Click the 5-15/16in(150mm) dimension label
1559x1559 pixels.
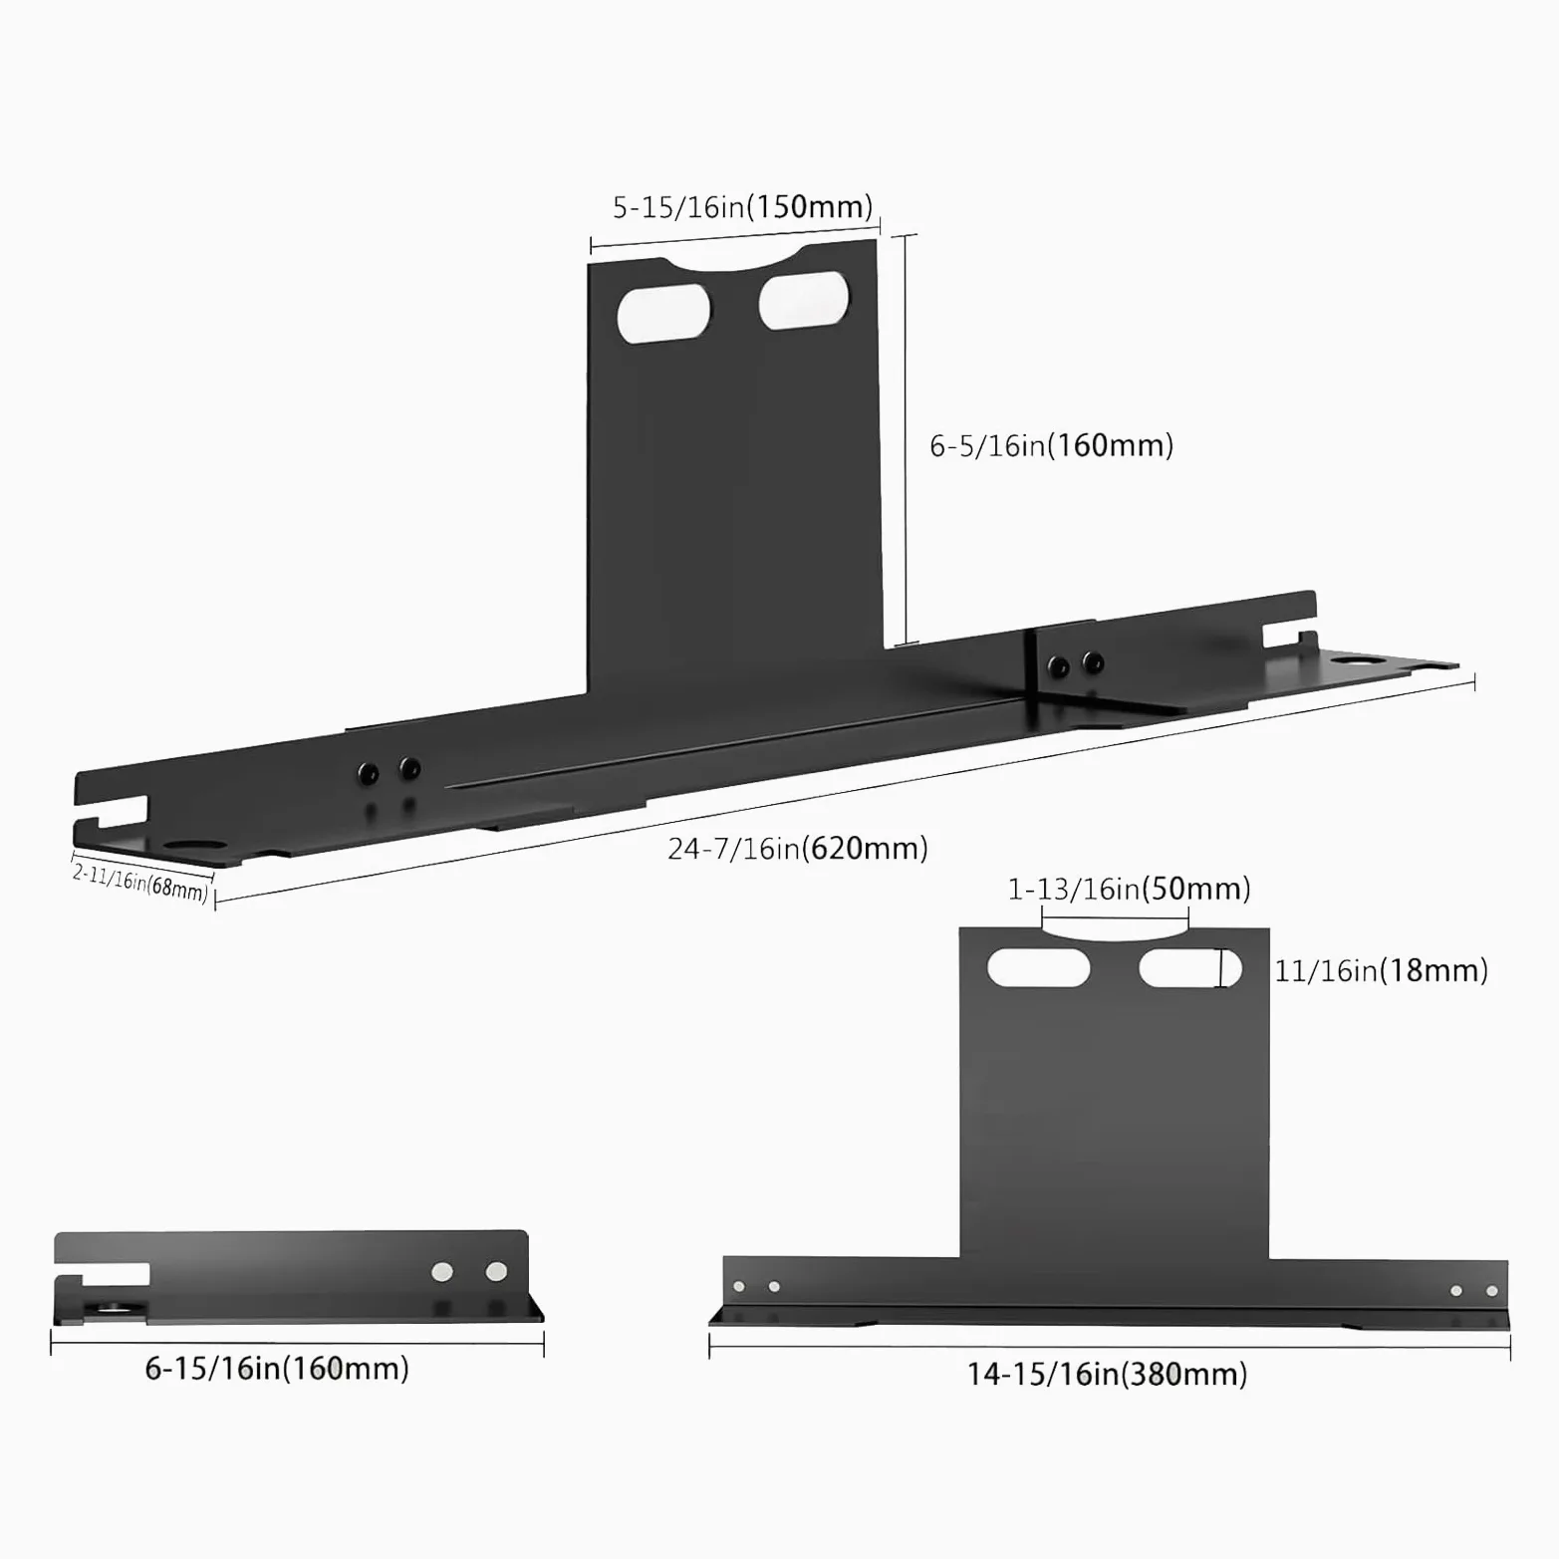pos(742,207)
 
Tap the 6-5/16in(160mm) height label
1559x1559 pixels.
pos(1051,445)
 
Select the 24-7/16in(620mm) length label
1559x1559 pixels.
pos(798,849)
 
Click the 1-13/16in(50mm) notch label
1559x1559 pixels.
pos(1129,889)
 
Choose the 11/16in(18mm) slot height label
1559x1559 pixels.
pos(1381,970)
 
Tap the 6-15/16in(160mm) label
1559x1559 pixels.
pos(277,1369)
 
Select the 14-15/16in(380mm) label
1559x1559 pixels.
pos(1107,1375)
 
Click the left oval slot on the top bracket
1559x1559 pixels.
pos(664,314)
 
